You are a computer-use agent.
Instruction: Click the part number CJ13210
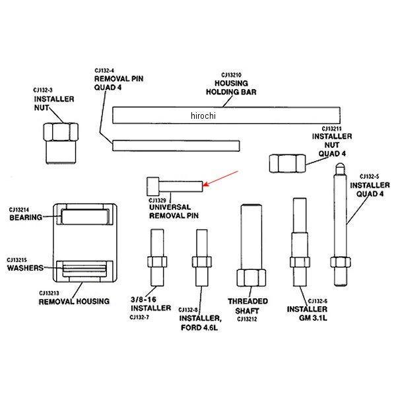coord(232,75)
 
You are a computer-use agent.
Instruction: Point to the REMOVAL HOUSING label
coord(75,302)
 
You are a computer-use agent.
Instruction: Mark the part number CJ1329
coord(156,200)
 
